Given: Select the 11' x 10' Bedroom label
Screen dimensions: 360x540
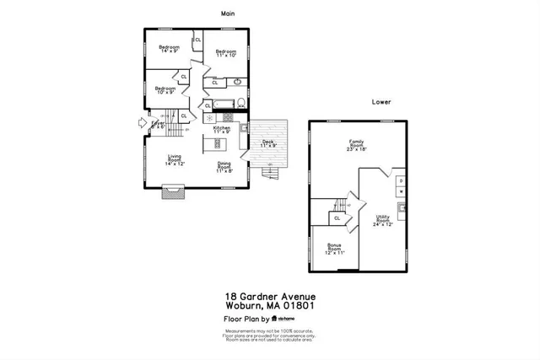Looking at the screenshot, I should point(225,53).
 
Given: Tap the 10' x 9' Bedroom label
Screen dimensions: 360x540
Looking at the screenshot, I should point(165,90).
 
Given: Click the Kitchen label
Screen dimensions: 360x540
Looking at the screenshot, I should point(221,130).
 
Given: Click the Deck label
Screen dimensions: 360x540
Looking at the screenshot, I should point(268,144).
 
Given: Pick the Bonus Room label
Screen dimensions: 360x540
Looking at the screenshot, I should point(335,250).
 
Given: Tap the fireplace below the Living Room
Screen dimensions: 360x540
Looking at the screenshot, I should point(173,193).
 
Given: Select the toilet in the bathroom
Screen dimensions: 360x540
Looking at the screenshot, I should point(241,104).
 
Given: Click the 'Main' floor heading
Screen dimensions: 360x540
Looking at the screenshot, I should point(228,13).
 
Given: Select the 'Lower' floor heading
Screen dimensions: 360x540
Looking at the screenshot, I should point(381,101).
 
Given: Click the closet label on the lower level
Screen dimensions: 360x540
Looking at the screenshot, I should point(337,218).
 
